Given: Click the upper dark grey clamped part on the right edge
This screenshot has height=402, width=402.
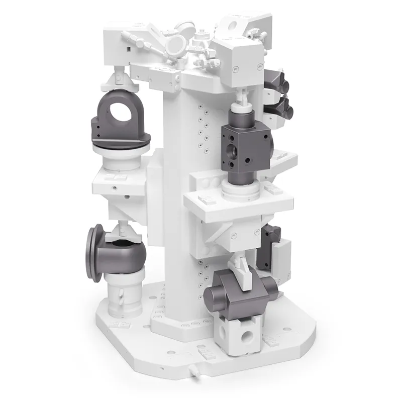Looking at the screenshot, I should [x=275, y=80].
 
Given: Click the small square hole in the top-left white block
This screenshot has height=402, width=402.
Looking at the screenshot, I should [x=130, y=49].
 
